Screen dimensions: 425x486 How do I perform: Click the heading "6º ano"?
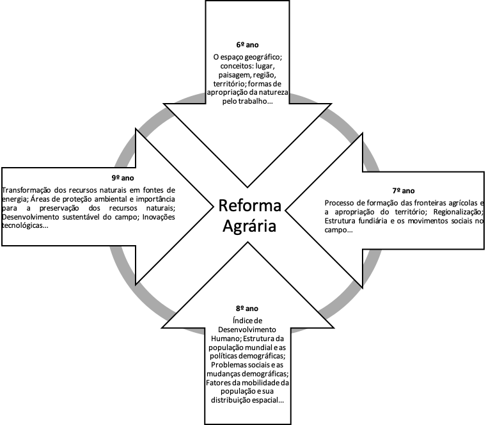click(246, 47)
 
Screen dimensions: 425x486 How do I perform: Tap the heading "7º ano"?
click(404, 191)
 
